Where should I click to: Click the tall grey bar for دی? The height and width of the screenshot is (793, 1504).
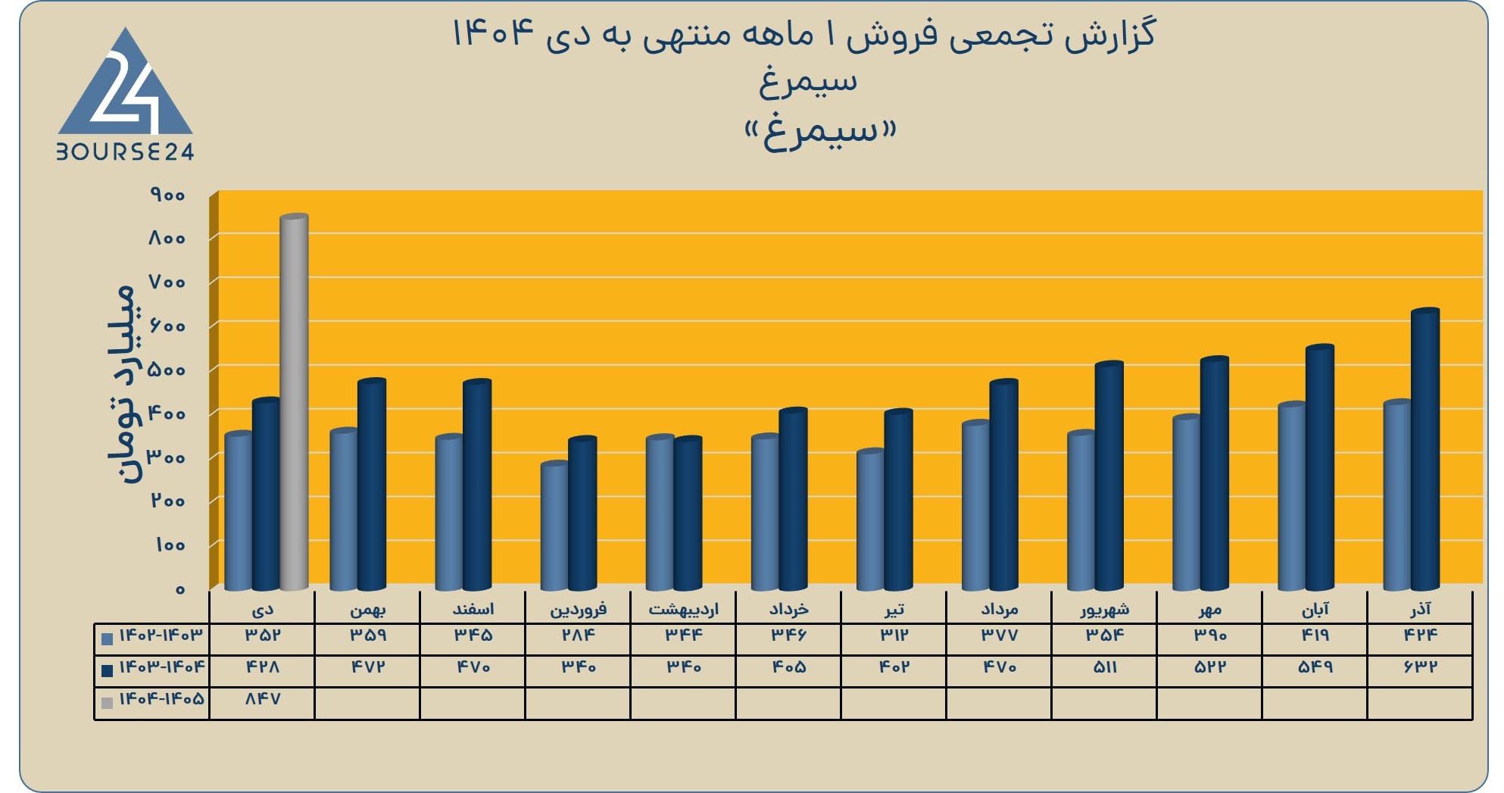pyautogui.click(x=294, y=401)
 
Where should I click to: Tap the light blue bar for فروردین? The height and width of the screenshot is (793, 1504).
pyautogui.click(x=554, y=526)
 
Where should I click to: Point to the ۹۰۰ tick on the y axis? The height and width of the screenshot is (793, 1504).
pyautogui.click(x=167, y=195)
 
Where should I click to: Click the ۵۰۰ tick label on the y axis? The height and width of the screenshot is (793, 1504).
pyautogui.click(x=167, y=370)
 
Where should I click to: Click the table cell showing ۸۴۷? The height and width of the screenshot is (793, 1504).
pyautogui.click(x=262, y=699)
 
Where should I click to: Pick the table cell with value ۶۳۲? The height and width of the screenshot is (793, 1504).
pyautogui.click(x=1420, y=667)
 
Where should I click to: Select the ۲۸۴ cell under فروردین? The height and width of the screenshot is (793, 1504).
pyautogui.click(x=578, y=635)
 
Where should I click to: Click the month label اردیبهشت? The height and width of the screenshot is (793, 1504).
pyautogui.click(x=683, y=609)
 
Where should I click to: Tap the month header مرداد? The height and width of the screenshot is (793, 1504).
pyautogui.click(x=999, y=609)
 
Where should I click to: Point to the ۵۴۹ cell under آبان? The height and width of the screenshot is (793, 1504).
pyautogui.click(x=1315, y=667)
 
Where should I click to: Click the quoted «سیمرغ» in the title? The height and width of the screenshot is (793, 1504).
pyautogui.click(x=820, y=133)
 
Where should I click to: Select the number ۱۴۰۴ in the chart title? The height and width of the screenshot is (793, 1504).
pyautogui.click(x=491, y=34)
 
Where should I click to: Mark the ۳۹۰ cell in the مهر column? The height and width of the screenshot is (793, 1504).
pyautogui.click(x=1209, y=635)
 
